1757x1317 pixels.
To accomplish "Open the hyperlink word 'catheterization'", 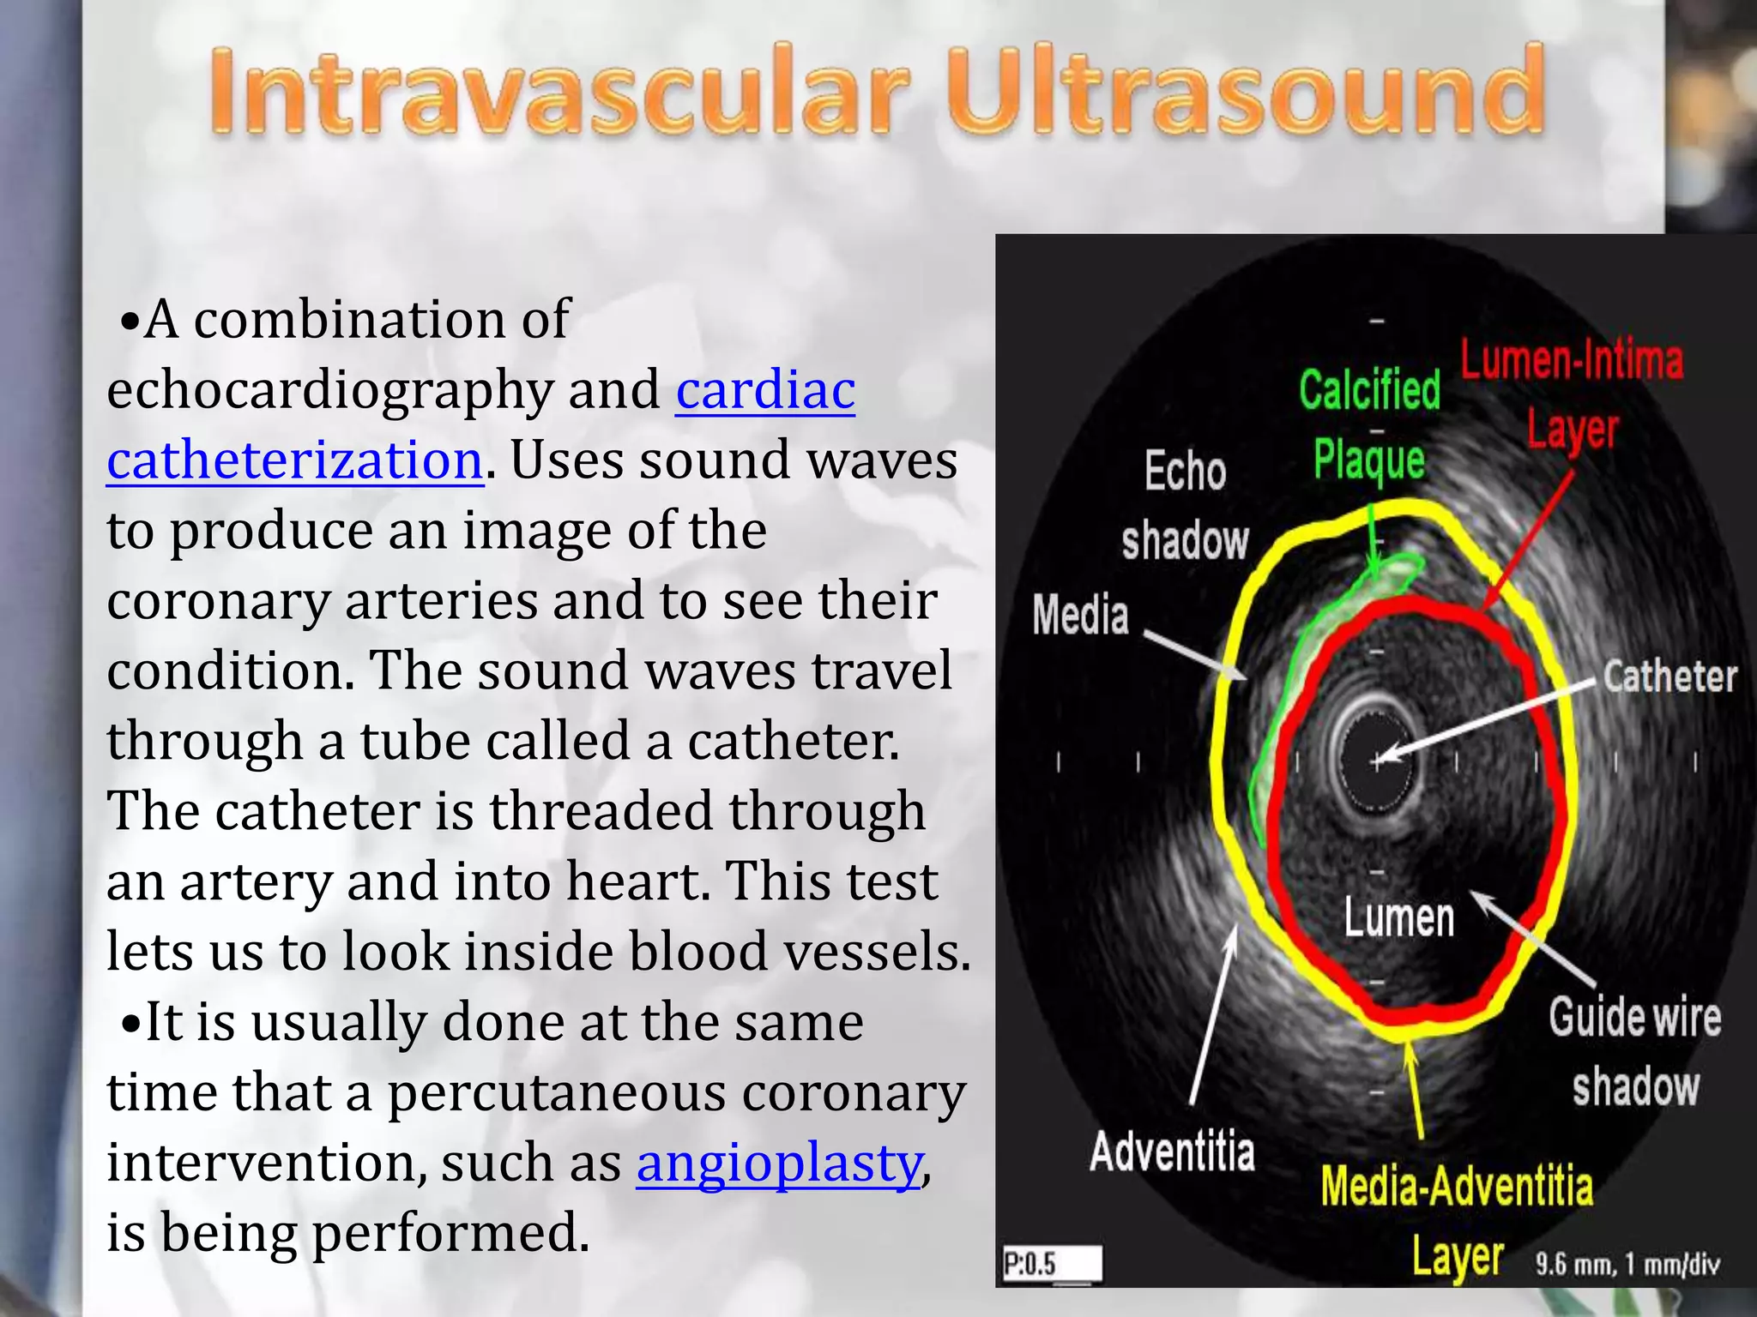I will (295, 460).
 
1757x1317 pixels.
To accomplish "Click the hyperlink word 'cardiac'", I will (765, 390).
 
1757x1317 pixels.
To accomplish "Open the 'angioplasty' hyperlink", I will (779, 1164).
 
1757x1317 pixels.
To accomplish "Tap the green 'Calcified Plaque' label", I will (1369, 424).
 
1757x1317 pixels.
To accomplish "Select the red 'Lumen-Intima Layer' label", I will (1572, 394).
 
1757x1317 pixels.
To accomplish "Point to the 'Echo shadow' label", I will (1186, 506).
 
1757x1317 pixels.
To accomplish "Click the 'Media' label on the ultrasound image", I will (1080, 615).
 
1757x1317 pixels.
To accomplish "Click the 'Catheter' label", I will (1669, 677).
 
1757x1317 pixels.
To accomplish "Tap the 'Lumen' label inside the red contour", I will (1398, 917).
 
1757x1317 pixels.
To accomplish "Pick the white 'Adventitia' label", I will (1172, 1151).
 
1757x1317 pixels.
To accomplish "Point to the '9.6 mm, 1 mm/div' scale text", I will (1627, 1265).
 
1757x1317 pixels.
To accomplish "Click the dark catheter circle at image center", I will (1376, 761).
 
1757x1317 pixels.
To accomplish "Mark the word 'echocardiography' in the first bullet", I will (331, 390).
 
